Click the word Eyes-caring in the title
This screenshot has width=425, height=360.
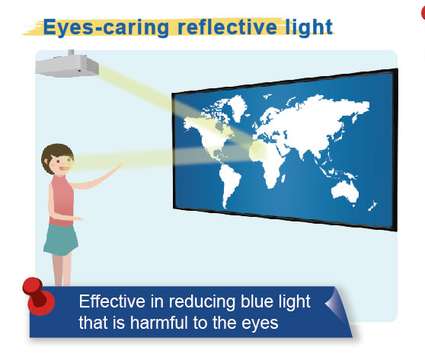106,27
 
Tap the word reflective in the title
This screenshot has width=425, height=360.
227,27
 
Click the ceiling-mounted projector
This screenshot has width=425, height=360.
67,65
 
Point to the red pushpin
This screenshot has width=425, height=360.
38,296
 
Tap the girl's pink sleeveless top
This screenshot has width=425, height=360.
61,201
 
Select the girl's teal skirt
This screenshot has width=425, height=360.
61,240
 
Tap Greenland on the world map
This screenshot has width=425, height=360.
237,108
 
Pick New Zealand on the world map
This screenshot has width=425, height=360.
372,206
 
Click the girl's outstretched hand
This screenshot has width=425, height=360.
117,167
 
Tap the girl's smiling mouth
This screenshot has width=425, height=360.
64,168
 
